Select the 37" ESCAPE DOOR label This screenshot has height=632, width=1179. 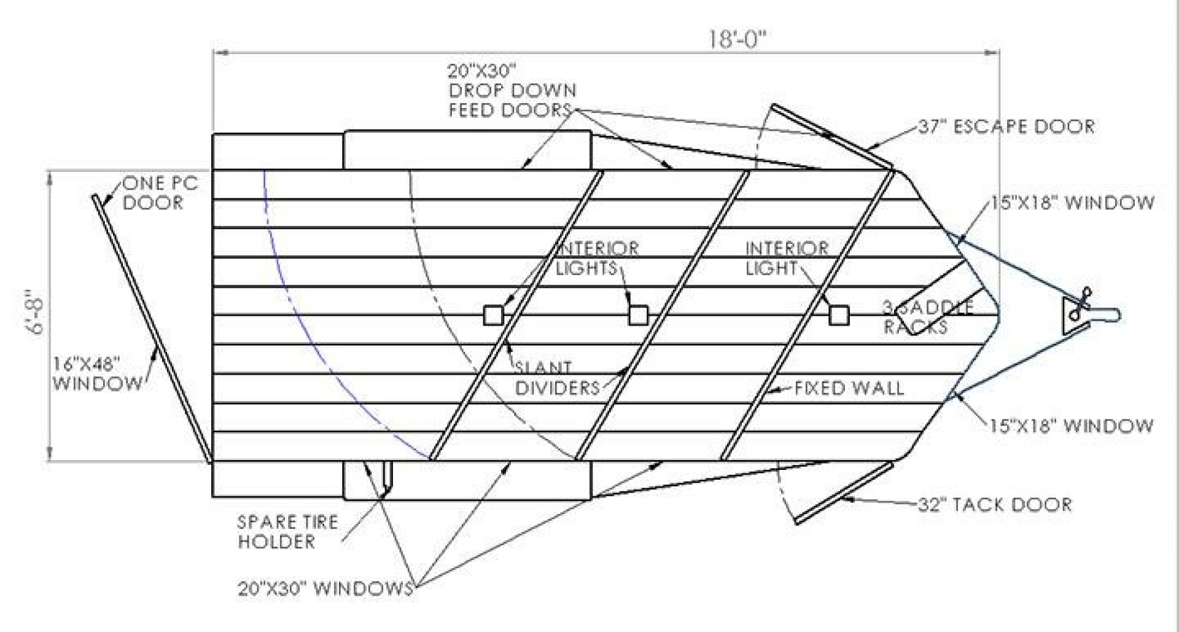click(1006, 127)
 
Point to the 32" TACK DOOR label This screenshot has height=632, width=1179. click(994, 505)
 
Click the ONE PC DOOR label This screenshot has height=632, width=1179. click(160, 193)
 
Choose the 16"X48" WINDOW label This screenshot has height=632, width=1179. click(97, 374)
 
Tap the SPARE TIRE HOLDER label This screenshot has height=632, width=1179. click(287, 532)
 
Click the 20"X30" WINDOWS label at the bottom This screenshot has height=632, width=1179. click(325, 588)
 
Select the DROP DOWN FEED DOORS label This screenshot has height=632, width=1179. click(512, 90)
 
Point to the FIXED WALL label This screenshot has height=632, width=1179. click(849, 388)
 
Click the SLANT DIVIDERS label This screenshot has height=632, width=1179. click(556, 378)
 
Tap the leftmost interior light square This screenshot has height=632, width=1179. click(493, 315)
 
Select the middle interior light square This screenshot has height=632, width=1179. click(638, 315)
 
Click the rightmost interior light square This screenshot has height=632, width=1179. click(839, 315)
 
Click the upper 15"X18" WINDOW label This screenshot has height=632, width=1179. click(1072, 203)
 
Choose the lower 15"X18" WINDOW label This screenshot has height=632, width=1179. click(1071, 426)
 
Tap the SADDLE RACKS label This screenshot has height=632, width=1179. click(927, 317)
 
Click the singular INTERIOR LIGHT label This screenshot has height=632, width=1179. click(787, 258)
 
